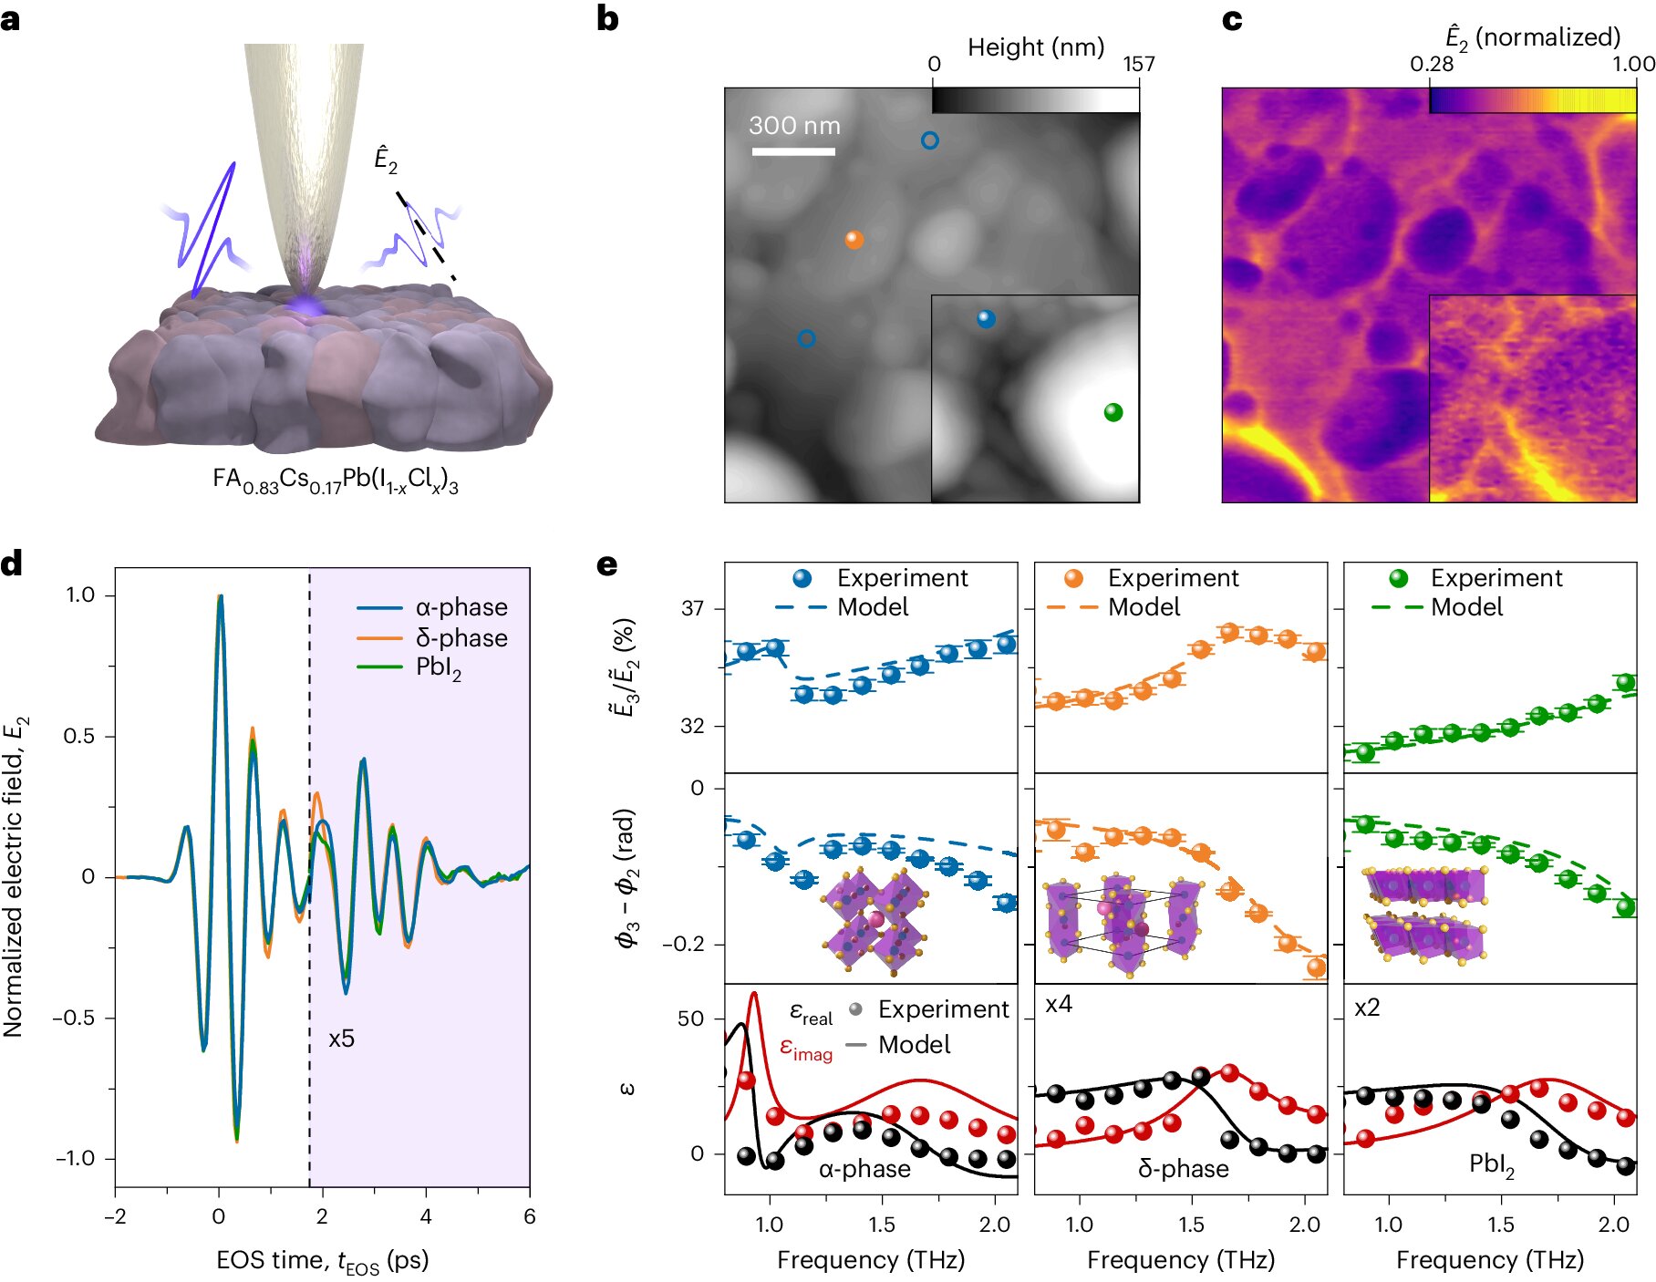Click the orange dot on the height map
854,240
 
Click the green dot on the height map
1113,412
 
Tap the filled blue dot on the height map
986,319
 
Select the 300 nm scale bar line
793,151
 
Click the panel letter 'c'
1232,20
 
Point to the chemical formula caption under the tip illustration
336,481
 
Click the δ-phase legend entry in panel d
461,637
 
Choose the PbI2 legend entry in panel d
439,668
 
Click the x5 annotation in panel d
341,1039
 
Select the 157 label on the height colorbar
1138,64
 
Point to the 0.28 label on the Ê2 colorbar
1432,64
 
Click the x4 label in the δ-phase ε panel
1059,1005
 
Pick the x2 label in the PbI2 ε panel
1367,1008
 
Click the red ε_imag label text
806,1049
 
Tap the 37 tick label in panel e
693,608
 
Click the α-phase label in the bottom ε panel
864,1169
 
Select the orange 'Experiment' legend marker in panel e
1073,578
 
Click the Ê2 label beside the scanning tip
386,160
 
